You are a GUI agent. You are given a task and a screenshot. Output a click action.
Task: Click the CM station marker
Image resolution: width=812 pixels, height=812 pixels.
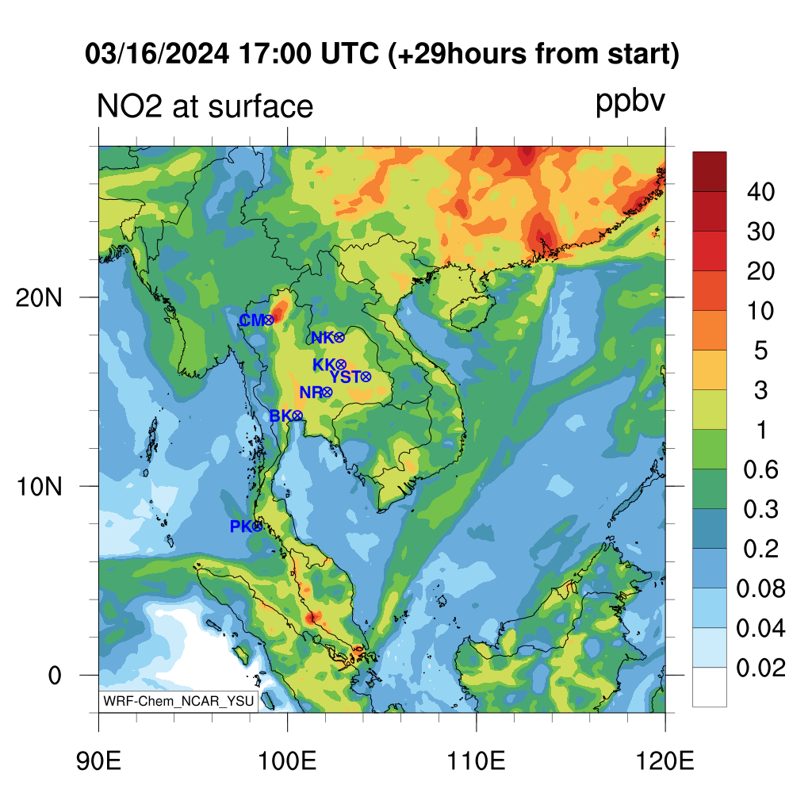(269, 320)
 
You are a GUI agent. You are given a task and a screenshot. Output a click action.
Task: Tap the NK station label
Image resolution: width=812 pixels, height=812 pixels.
(322, 338)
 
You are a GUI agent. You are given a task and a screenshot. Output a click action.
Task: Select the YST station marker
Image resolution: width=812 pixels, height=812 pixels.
(366, 377)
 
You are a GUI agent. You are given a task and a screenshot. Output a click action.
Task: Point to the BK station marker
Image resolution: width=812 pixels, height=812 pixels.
(297, 416)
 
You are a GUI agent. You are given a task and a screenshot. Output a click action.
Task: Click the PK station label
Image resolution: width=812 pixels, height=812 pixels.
(241, 527)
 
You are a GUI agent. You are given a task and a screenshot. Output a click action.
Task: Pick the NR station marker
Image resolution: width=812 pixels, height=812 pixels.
(327, 393)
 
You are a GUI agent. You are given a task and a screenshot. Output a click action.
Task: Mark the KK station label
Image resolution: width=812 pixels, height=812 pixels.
(324, 365)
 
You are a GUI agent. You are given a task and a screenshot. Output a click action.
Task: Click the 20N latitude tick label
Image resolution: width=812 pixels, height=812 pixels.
(39, 298)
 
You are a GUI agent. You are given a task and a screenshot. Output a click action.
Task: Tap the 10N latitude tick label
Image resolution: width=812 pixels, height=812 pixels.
(39, 487)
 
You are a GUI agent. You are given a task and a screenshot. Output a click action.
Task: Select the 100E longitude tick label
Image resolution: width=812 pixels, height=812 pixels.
(287, 761)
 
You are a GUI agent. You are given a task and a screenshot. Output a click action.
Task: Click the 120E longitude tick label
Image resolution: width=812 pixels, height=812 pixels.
(665, 761)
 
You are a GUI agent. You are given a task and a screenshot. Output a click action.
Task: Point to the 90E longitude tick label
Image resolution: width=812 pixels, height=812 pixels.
(98, 761)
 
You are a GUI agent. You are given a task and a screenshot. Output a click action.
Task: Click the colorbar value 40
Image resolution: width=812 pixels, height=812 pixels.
(760, 192)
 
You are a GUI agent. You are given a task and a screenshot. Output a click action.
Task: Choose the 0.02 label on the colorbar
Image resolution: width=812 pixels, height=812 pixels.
(760, 668)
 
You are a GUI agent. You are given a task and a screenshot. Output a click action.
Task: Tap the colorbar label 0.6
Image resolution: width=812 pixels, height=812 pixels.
(760, 469)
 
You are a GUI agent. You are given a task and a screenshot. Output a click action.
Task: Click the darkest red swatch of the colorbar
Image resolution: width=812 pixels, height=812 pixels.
(710, 172)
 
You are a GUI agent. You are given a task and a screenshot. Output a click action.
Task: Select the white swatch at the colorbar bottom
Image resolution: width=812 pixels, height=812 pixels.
(710, 688)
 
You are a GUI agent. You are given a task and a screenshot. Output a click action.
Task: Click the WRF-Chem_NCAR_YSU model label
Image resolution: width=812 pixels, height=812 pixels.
(178, 701)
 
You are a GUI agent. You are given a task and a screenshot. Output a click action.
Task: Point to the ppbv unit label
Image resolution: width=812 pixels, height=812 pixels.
(630, 102)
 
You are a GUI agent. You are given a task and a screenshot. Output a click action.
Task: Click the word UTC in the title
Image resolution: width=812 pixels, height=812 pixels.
(350, 53)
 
